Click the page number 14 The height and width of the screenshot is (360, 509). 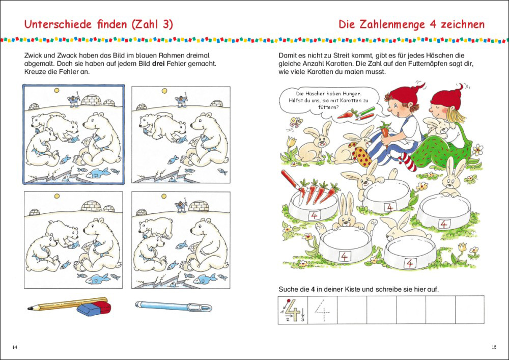(x=15, y=347)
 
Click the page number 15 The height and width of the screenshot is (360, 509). (x=494, y=347)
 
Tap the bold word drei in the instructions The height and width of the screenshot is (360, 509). (x=159, y=64)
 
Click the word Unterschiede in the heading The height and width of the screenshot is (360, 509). (x=58, y=24)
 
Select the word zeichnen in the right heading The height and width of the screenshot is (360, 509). (x=462, y=24)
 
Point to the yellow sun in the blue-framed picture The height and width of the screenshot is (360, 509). (x=56, y=91)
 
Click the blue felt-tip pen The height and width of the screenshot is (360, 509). (x=174, y=306)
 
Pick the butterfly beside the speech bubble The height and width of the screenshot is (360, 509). (x=296, y=122)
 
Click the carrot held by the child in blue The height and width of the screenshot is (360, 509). (x=385, y=130)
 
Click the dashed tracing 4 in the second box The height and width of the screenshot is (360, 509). (x=322, y=311)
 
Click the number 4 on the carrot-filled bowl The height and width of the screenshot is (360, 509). (x=314, y=215)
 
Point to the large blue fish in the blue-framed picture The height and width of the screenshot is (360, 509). (x=99, y=173)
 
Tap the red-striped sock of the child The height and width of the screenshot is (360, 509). (x=408, y=161)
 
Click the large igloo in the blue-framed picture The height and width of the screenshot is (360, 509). (x=92, y=100)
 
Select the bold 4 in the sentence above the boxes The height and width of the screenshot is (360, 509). (x=313, y=289)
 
